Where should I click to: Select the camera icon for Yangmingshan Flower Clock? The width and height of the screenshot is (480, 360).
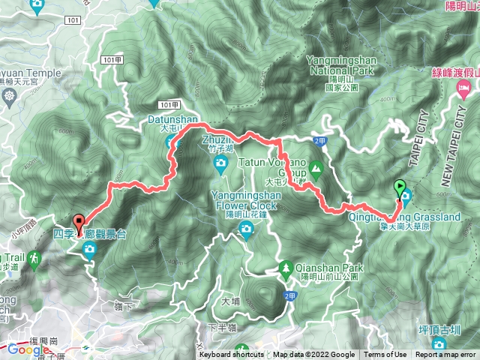(x=245, y=232)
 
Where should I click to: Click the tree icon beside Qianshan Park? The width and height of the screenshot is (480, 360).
(x=286, y=268)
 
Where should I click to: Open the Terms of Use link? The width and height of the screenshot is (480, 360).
(x=385, y=355)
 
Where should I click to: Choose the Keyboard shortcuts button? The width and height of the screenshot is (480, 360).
(x=232, y=355)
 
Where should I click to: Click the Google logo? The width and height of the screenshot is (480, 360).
(x=28, y=349)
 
